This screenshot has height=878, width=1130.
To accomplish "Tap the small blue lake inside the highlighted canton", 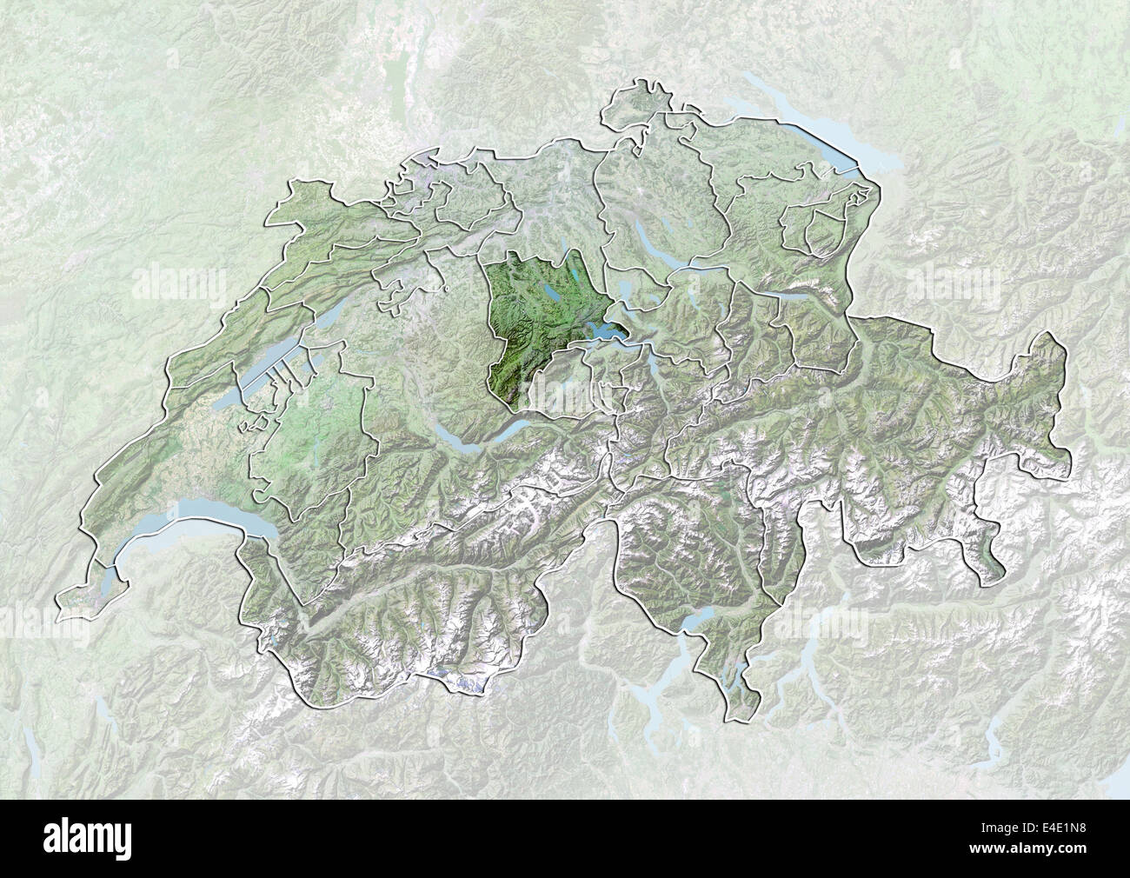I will coord(551,295).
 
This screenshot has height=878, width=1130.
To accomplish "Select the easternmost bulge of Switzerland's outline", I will coord(1056,382).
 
